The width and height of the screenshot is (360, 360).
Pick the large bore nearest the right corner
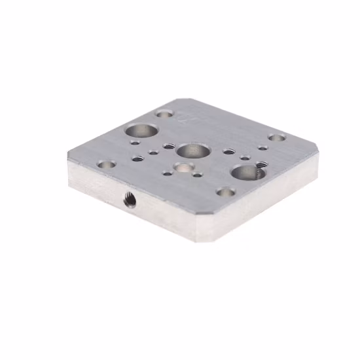244,171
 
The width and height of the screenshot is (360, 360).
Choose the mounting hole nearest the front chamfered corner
225,192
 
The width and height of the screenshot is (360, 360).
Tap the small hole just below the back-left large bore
135,141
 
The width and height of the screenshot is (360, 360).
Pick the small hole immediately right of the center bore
228,151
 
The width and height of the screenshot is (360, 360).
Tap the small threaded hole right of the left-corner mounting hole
137,158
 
